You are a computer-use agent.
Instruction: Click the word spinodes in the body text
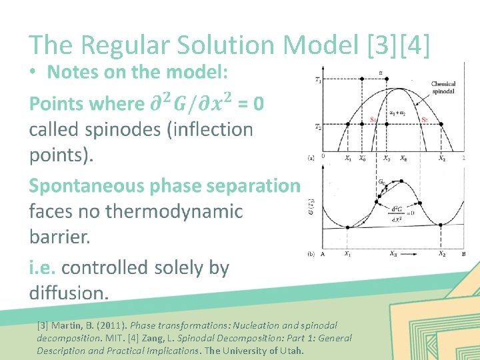pyautogui.click(x=97, y=129)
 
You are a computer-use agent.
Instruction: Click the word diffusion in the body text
pyautogui.click(x=67, y=292)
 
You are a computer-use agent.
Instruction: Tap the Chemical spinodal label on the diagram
pyautogui.click(x=443, y=87)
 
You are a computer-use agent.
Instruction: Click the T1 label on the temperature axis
pyautogui.click(x=318, y=79)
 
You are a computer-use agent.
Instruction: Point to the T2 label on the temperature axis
pyautogui.click(x=318, y=127)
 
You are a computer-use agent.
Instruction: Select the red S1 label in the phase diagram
pyautogui.click(x=373, y=120)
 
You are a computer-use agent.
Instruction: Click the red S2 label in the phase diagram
pyautogui.click(x=424, y=120)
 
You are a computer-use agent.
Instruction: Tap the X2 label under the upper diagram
pyautogui.click(x=442, y=159)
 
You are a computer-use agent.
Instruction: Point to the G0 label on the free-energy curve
pyautogui.click(x=381, y=181)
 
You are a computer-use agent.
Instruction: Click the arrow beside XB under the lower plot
pyautogui.click(x=413, y=254)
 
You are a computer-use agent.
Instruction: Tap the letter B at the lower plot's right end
pyautogui.click(x=463, y=254)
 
